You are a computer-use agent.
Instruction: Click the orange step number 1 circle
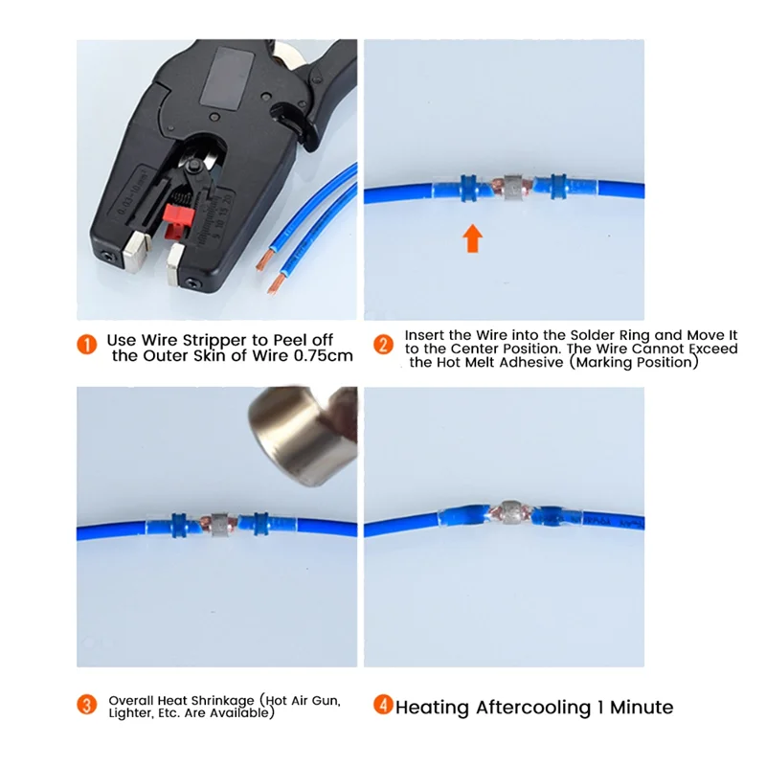(x=87, y=344)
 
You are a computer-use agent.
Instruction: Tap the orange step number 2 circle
(x=383, y=345)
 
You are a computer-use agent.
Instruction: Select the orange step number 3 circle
(x=87, y=706)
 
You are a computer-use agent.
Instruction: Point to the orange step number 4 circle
(x=383, y=706)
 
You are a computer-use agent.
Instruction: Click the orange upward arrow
(x=472, y=237)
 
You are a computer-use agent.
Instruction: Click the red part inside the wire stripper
(x=176, y=219)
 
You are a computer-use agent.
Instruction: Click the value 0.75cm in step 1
(x=319, y=356)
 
